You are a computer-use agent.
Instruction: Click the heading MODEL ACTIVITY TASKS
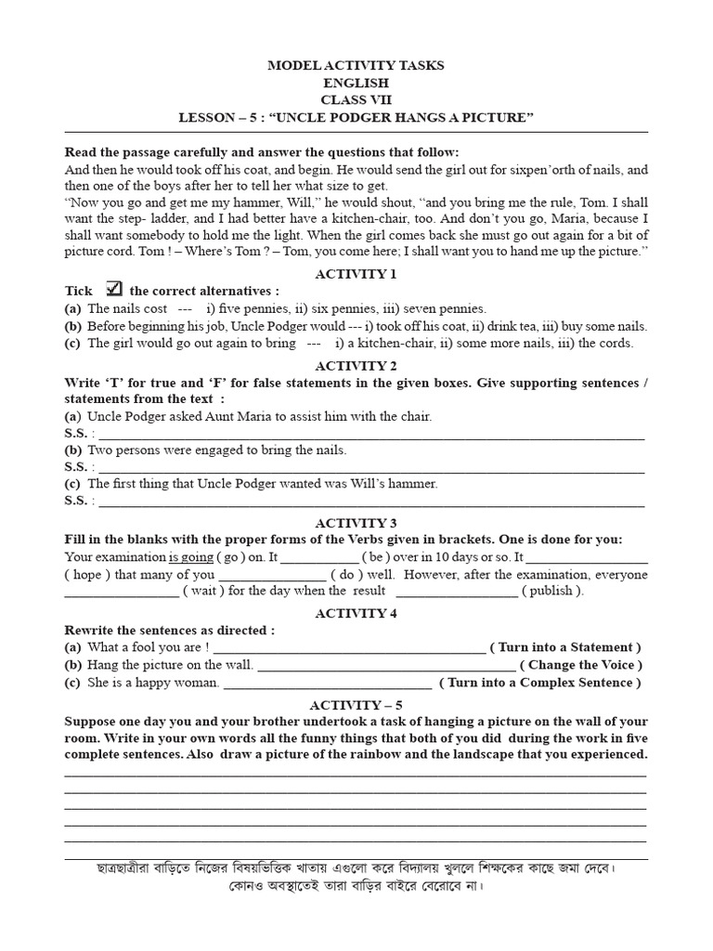click(x=356, y=66)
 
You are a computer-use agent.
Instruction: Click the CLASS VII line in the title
click(x=356, y=100)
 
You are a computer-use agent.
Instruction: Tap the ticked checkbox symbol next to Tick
click(x=116, y=289)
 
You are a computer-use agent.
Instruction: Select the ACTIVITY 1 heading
click(x=356, y=273)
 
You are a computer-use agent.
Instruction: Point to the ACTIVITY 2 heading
click(x=356, y=365)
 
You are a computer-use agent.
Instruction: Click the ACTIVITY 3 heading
click(x=356, y=523)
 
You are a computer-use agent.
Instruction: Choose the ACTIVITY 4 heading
click(x=356, y=613)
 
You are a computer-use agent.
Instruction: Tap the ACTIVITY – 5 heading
click(x=356, y=705)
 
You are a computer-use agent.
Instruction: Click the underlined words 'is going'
click(x=190, y=557)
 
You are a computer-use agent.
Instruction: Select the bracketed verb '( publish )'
click(x=552, y=591)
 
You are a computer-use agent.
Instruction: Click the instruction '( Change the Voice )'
click(x=580, y=665)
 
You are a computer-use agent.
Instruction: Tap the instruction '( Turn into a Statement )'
click(x=565, y=647)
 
